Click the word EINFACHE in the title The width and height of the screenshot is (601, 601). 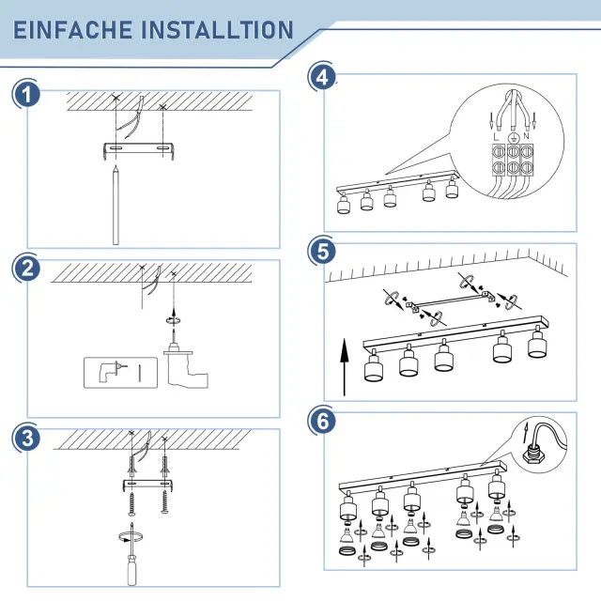(73, 30)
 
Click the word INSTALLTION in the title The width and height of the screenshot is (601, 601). (217, 30)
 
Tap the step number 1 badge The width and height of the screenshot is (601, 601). (26, 95)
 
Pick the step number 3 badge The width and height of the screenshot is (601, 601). (26, 439)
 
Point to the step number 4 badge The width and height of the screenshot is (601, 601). (323, 77)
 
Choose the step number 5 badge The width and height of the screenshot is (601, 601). (323, 252)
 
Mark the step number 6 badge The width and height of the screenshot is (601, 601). (323, 421)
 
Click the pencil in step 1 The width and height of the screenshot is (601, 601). (116, 205)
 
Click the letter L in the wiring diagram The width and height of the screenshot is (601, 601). (497, 137)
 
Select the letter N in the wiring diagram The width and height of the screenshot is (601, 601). (526, 136)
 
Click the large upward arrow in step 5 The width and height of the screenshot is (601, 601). (345, 367)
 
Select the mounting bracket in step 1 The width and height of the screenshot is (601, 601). (139, 150)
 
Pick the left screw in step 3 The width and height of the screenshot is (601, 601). (131, 503)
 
